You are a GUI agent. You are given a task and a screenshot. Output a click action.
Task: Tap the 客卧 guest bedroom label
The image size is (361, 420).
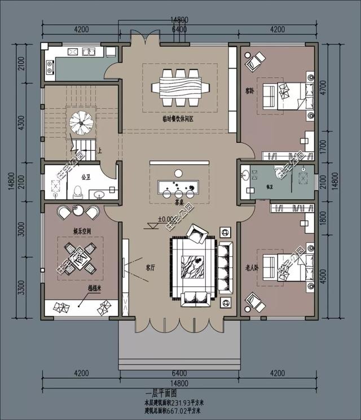click(x=249, y=90)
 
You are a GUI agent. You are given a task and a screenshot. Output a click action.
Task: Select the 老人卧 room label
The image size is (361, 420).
click(x=252, y=267)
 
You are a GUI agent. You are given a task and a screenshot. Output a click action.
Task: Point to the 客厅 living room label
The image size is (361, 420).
click(x=151, y=268)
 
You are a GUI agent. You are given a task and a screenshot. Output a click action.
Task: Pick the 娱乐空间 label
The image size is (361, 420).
click(x=67, y=231)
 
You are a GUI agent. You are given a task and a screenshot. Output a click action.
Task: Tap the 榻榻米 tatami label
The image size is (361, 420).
click(x=94, y=288)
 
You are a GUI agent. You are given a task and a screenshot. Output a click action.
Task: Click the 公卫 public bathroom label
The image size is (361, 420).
click(x=85, y=177)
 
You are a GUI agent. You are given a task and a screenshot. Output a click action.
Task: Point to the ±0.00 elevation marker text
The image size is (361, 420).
click(x=166, y=219)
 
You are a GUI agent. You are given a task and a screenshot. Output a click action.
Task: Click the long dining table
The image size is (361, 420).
click(x=180, y=88)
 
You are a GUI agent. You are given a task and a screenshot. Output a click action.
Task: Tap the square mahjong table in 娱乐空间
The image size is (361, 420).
click(x=80, y=256)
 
